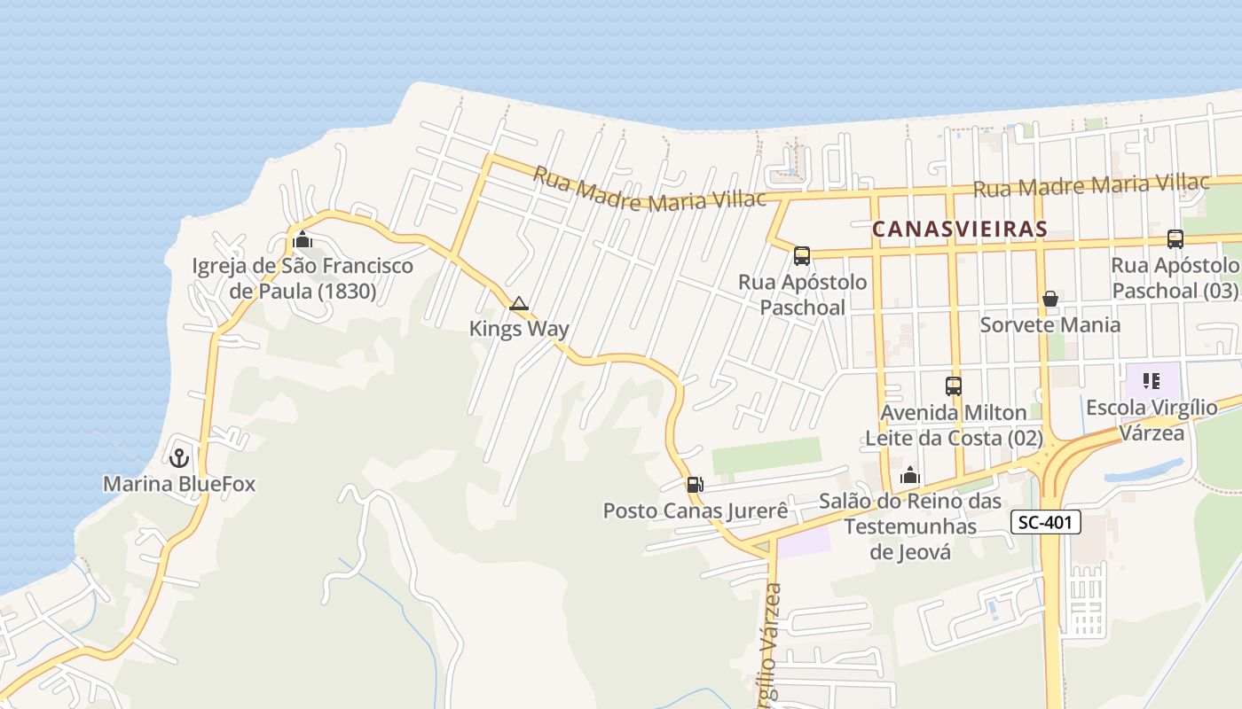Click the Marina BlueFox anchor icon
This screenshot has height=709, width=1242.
180,458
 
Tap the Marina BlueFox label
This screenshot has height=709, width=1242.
179,484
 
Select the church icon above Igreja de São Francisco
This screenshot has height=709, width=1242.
303,239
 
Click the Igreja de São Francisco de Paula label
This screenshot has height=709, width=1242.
303,278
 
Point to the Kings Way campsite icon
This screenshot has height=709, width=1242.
519,304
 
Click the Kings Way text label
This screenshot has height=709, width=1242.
519,329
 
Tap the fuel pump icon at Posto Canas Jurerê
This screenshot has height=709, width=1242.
695,485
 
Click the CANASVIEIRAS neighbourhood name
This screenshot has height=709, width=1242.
959,229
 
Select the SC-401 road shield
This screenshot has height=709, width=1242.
1046,523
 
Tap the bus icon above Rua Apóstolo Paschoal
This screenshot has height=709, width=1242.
802,256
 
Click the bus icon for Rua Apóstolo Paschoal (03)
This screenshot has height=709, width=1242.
1175,238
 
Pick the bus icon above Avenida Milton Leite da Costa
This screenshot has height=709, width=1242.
954,386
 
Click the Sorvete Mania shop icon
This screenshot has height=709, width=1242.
1050,299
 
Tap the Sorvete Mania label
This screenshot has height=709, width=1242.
1049,324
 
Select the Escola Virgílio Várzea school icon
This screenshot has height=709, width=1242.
1152,382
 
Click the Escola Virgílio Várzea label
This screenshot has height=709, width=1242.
1152,421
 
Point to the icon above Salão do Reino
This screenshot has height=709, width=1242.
909,476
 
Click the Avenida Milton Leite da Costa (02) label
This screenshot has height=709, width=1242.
954,425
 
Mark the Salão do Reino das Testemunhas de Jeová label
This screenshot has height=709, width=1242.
909,526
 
